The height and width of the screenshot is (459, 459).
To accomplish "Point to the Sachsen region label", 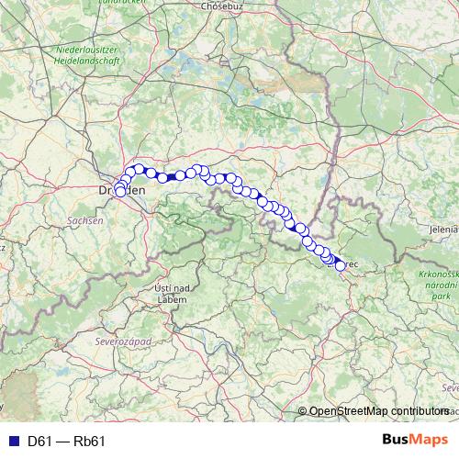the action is pyautogui.click(x=82, y=221).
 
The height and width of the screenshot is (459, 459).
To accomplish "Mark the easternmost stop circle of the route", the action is pyautogui.click(x=341, y=266).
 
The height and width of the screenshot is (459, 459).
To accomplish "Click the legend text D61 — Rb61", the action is pyautogui.click(x=67, y=441).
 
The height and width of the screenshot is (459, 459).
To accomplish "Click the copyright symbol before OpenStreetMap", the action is pyautogui.click(x=304, y=411).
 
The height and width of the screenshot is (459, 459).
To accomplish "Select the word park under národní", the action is pyautogui.click(x=443, y=297).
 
